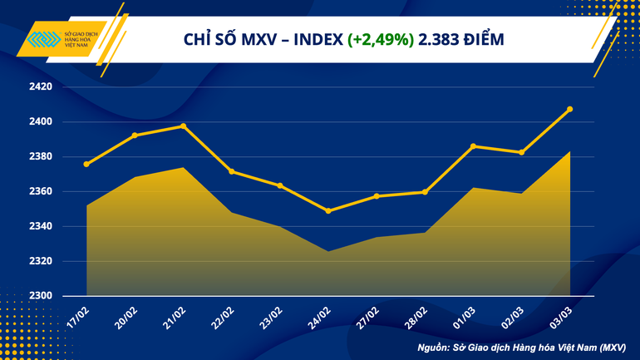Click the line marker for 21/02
[183, 126]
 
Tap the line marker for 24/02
[328, 211]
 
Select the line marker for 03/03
[569, 109]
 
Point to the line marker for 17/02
[86, 164]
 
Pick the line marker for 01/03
[473, 146]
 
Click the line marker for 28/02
[425, 192]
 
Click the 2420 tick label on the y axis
[41, 86]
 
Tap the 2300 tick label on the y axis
[41, 296]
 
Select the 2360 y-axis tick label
[41, 191]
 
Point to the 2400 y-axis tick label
[41, 121]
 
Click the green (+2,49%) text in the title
[381, 39]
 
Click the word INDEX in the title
[314, 39]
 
